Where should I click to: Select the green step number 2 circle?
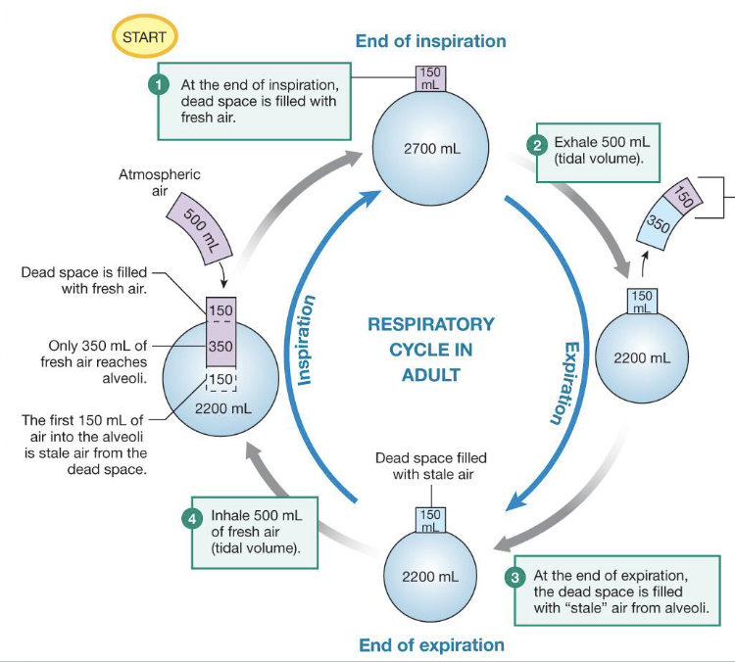tap(537, 144)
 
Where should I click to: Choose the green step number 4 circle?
tap(193, 517)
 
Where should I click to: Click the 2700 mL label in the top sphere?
tap(431, 151)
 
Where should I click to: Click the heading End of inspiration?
tap(431, 41)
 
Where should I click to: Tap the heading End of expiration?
tap(431, 644)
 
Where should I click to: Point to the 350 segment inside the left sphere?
tap(220, 346)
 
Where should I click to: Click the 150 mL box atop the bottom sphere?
tap(431, 521)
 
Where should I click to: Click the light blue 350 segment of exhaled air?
tap(658, 225)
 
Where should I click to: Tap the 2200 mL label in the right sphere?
tap(642, 357)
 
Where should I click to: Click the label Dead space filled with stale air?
tap(431, 466)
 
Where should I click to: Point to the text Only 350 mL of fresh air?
tap(97, 355)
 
